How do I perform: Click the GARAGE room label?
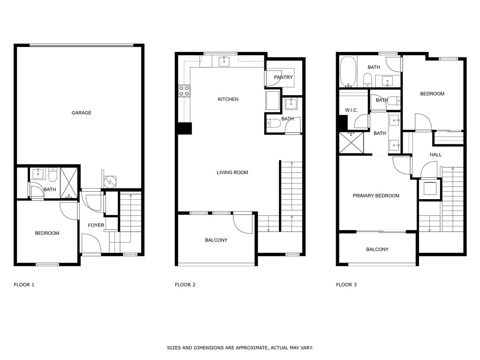coord(82,113)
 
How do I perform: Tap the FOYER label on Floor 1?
coord(96,225)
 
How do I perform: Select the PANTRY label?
coord(283,77)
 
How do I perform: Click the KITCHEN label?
coord(228,99)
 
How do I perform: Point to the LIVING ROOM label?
coord(232,172)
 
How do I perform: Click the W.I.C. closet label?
coord(351,110)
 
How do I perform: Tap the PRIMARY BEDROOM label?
coord(376,196)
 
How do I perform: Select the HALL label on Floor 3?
coord(436,155)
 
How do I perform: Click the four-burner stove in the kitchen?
coord(184,90)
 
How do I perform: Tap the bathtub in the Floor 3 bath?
coord(347,72)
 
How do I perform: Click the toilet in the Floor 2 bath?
coord(274,124)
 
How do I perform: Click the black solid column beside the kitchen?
coord(185,128)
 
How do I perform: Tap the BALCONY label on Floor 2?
coord(216,240)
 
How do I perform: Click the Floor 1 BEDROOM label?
coord(47,233)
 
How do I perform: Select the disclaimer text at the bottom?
coord(240,348)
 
